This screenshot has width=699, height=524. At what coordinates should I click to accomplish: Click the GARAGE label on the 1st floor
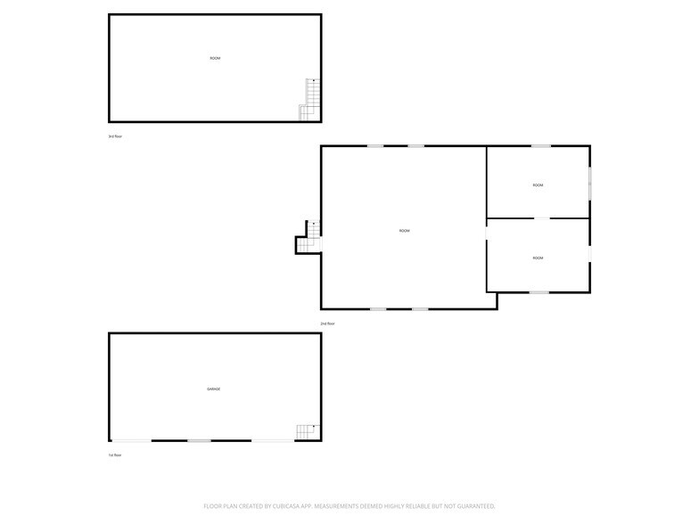point(214,389)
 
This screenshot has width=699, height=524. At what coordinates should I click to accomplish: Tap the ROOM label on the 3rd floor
point(215,59)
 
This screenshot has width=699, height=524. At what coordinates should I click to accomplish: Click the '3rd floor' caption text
point(115,136)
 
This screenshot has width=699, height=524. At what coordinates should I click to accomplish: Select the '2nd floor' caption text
point(327,323)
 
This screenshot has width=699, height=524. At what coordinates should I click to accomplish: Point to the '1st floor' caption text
point(115,454)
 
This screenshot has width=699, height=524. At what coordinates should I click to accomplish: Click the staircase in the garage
point(307,432)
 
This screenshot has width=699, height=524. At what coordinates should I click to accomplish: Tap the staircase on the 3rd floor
point(309,100)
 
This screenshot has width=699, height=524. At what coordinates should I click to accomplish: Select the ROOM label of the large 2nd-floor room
point(404,231)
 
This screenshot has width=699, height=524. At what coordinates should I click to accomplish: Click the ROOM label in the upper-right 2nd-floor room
point(538,185)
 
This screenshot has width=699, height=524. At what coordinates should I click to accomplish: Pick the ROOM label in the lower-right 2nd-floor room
point(538,258)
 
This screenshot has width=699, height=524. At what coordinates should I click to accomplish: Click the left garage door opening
point(131,440)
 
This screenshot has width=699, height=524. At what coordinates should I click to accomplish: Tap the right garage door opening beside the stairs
point(273,440)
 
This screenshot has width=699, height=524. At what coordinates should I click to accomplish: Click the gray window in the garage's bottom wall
point(199,440)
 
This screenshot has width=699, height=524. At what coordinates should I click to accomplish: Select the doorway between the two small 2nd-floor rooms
point(541,218)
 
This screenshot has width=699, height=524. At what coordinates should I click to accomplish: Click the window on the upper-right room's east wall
point(589,184)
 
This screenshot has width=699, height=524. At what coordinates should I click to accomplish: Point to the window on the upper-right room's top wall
point(540,146)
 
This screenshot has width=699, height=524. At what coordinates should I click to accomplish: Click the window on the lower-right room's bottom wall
point(539,291)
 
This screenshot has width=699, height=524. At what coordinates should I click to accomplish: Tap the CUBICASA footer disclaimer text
point(349,505)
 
